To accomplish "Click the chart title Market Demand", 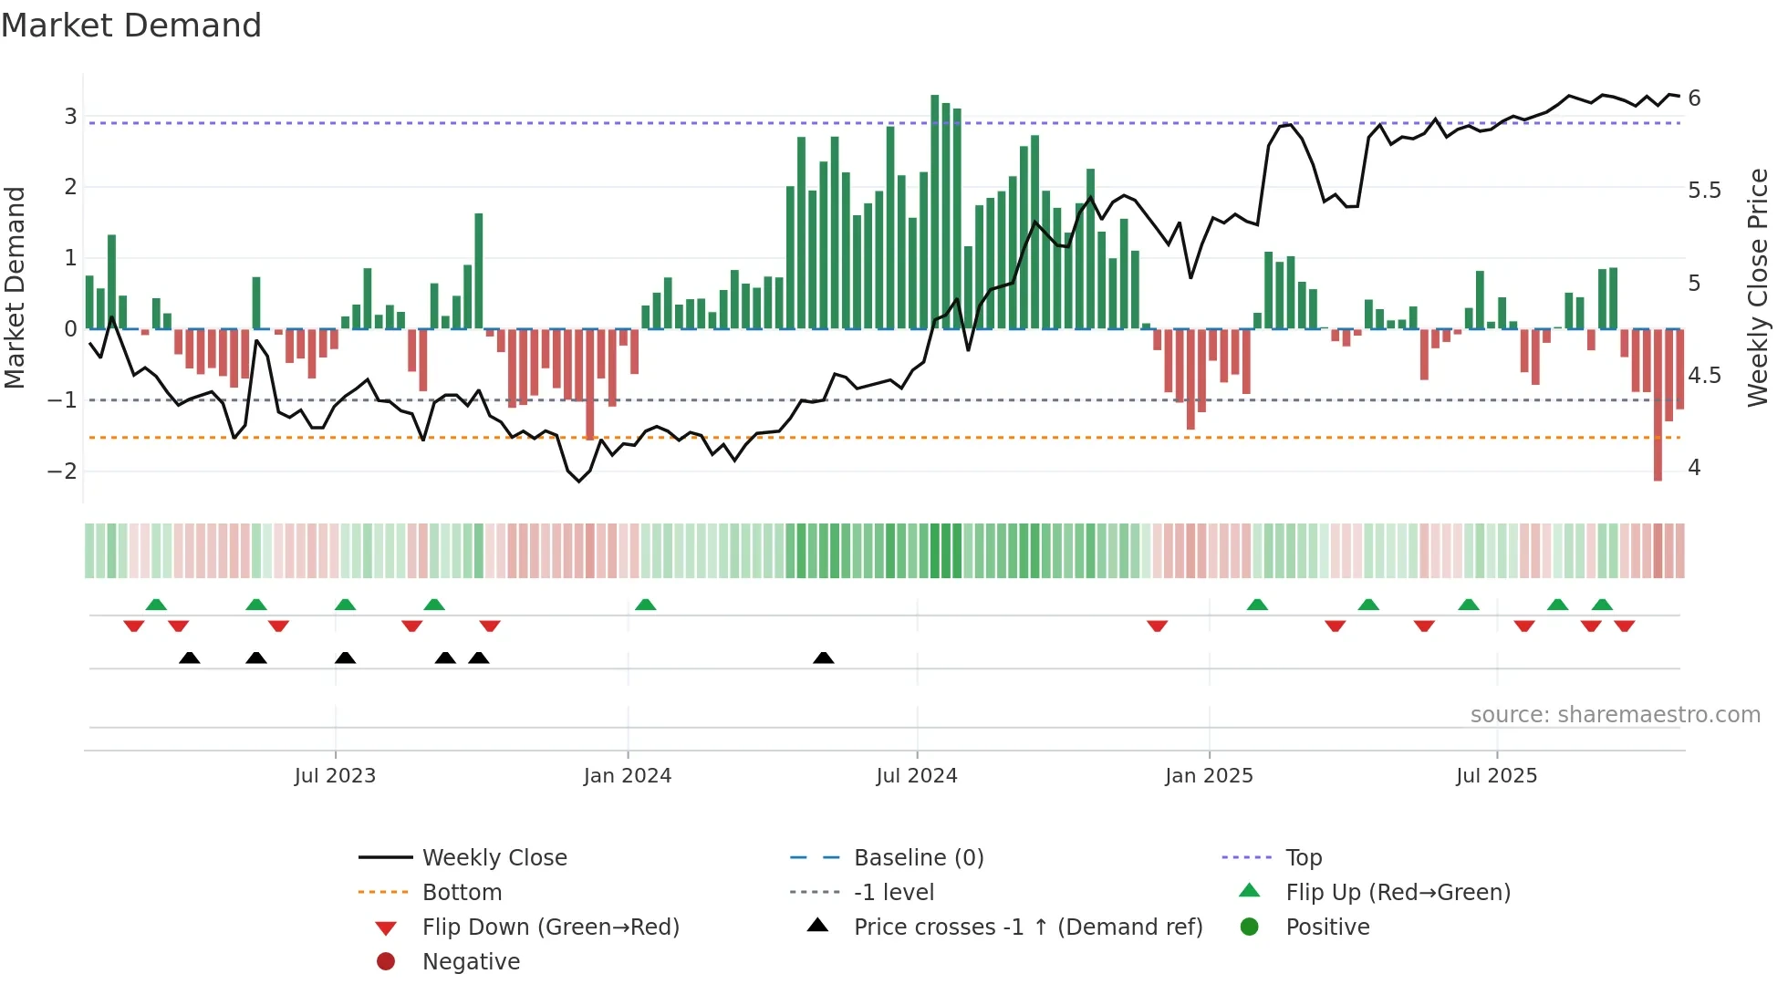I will (131, 26).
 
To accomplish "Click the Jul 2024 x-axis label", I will (917, 776).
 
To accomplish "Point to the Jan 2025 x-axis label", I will (1209, 776).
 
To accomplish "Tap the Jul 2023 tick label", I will (335, 776).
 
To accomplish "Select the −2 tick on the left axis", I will (63, 471).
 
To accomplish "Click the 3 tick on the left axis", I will (70, 117).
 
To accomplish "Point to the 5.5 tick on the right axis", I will (1704, 191).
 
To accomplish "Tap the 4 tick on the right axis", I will (1694, 468).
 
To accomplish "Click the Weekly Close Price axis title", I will (1758, 287).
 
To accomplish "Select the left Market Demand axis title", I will (15, 287).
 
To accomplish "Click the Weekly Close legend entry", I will (494, 858).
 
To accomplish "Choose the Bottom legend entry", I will (462, 893).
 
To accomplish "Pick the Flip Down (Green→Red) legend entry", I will (550, 927).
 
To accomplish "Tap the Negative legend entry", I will (471, 962).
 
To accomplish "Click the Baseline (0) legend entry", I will (919, 858).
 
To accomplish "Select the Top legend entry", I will (1304, 858).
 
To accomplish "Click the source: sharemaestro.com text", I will (1615, 715).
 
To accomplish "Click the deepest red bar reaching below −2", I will (1658, 405).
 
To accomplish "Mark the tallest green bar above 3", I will (934, 212).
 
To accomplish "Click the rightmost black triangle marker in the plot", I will (823, 658).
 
